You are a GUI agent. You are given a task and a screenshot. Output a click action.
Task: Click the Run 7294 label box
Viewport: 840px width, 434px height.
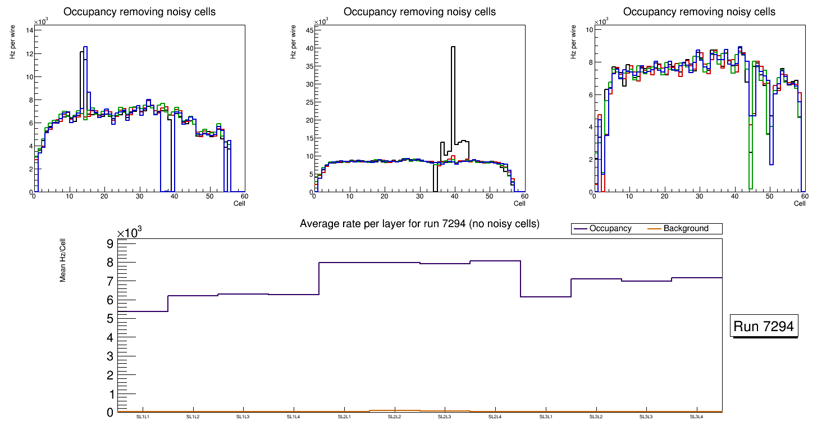(x=764, y=326)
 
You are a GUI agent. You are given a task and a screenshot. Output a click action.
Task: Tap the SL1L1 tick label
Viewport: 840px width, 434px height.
(x=143, y=417)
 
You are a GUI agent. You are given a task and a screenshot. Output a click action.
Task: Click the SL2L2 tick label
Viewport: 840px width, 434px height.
(x=395, y=417)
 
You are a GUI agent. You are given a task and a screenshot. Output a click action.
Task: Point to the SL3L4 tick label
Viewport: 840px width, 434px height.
(x=697, y=417)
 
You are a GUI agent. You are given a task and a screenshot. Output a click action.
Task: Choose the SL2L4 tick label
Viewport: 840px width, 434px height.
(x=495, y=417)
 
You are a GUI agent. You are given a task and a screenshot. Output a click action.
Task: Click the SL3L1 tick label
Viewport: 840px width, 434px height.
(x=546, y=417)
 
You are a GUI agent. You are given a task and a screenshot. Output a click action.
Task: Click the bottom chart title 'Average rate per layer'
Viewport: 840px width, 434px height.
(x=419, y=224)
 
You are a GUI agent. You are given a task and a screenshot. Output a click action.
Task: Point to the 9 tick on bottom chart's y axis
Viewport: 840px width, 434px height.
(x=109, y=243)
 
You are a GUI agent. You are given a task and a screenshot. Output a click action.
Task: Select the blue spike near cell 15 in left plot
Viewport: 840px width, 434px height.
(x=85, y=48)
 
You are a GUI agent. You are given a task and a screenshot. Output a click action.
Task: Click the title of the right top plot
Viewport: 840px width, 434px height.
(x=699, y=12)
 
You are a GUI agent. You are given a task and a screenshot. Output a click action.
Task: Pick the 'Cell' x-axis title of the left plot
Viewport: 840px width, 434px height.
(x=239, y=204)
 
